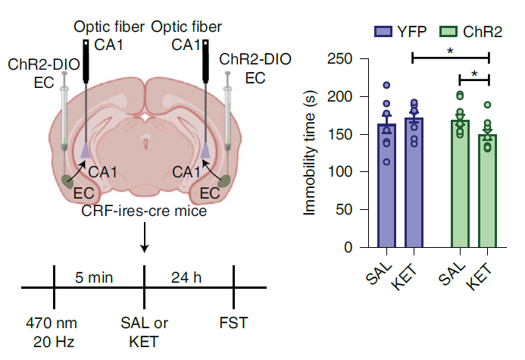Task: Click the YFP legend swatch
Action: point(383,32)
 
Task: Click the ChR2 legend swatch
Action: point(448,32)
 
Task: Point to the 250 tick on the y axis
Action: point(364,59)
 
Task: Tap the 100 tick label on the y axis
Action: point(339,172)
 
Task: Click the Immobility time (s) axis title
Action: point(309,153)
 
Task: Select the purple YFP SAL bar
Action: point(386,186)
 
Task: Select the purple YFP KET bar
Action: point(414,183)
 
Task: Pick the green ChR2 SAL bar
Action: point(460,183)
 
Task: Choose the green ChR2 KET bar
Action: point(488,191)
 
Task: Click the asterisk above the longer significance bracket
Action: point(450,52)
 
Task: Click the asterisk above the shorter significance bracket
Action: point(474,74)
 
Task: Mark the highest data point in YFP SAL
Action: point(386,86)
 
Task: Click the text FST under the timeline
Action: point(233,323)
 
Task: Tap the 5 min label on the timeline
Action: point(94,277)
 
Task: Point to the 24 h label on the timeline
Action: point(186,277)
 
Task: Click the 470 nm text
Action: point(52,323)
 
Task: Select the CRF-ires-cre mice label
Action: point(144,211)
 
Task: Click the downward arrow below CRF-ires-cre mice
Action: point(144,237)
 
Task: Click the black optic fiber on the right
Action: point(205,61)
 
